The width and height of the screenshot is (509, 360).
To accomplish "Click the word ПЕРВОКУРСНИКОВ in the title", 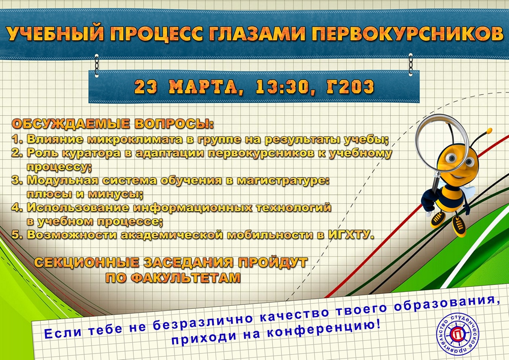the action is (408, 33).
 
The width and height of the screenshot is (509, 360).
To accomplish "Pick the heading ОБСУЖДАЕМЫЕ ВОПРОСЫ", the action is (113, 124).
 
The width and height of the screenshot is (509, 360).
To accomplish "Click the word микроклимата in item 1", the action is (133, 140).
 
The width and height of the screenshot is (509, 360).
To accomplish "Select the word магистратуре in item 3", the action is (283, 180).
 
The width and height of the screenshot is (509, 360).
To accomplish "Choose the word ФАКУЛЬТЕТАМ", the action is (172, 278).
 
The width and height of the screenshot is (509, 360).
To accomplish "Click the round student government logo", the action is (458, 333).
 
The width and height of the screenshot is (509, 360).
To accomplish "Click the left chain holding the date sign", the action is (96, 66).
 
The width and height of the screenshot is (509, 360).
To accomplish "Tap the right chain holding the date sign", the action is (411, 65).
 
